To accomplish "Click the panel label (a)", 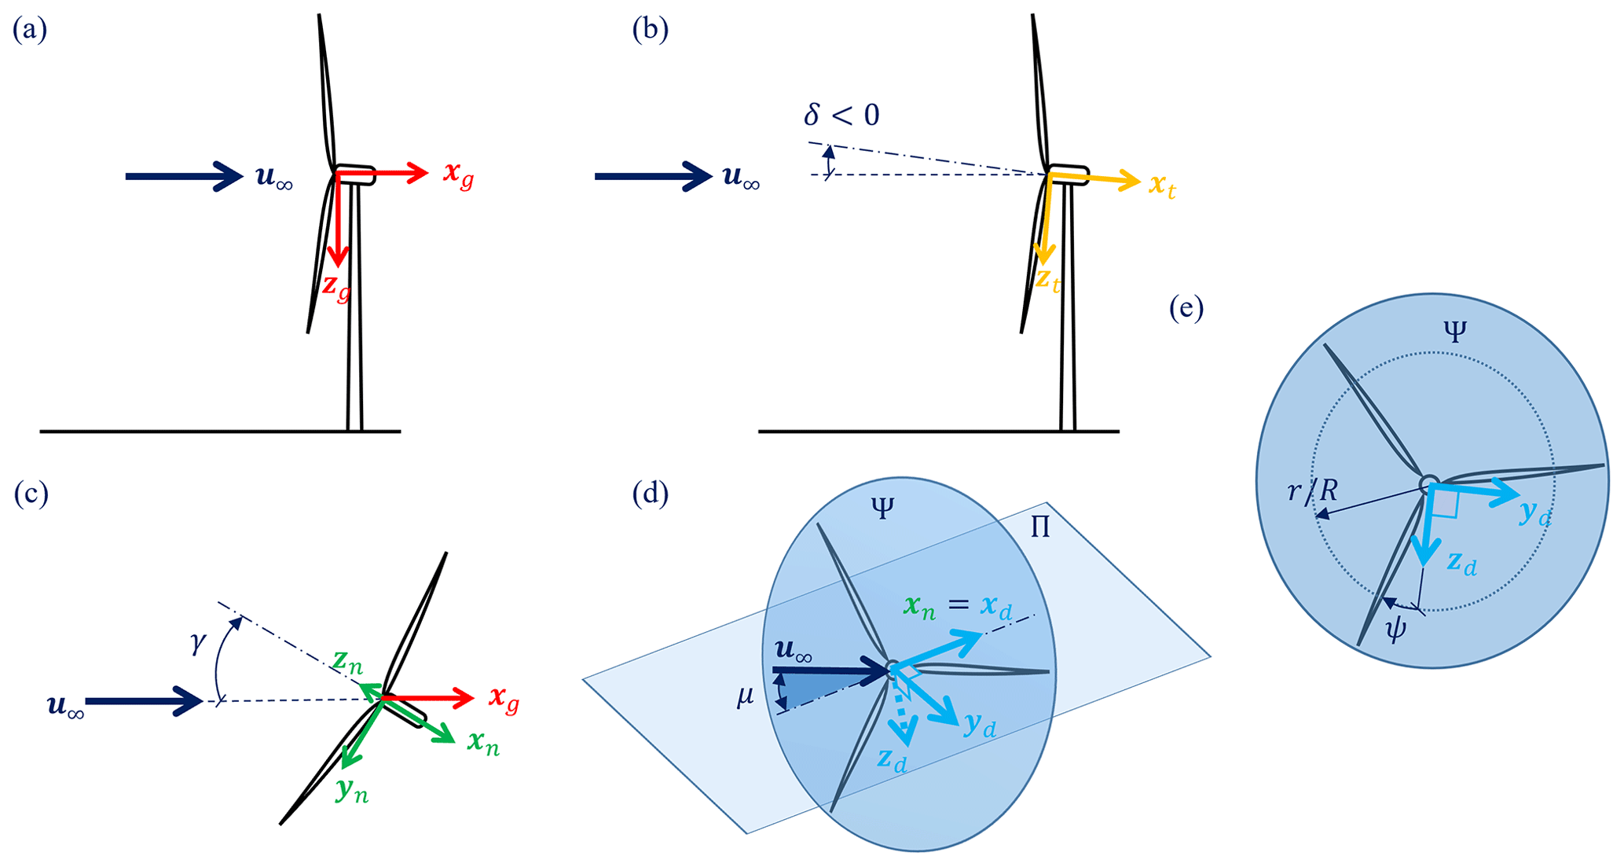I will click(x=30, y=30).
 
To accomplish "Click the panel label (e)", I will click(x=1186, y=308).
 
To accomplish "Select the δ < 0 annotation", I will click(x=841, y=116).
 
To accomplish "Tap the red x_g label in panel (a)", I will click(x=458, y=175).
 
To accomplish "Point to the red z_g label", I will click(x=336, y=287).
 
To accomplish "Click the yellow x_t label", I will click(x=1162, y=186).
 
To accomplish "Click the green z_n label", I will click(x=347, y=661).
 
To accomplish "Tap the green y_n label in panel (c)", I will click(x=351, y=790).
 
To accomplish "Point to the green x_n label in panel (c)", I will click(x=483, y=742).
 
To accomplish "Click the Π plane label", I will click(x=1039, y=527).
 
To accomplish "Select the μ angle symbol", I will click(x=746, y=696).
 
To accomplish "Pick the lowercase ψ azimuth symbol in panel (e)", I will click(x=1395, y=630).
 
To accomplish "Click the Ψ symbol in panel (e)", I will click(x=1454, y=332).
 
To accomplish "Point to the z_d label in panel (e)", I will click(x=1462, y=563).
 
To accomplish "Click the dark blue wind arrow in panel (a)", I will click(x=185, y=176).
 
